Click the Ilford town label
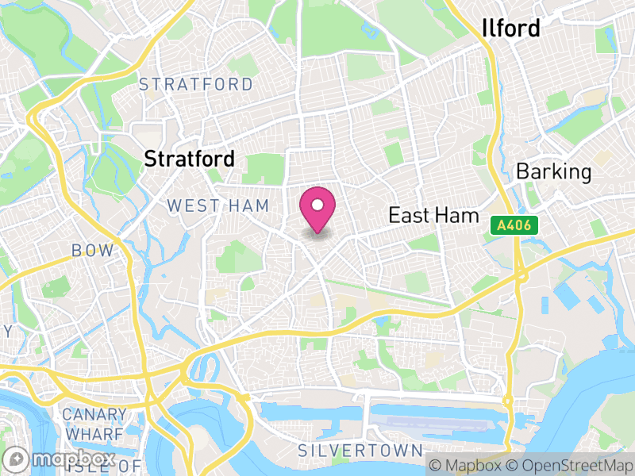[x=511, y=29]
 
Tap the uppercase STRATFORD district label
[x=196, y=84]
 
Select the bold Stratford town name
[x=189, y=159]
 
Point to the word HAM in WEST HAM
[x=248, y=206]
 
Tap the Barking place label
[x=554, y=171]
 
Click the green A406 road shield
[x=514, y=227]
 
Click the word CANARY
[x=94, y=415]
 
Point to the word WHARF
[x=94, y=433]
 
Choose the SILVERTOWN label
[x=360, y=451]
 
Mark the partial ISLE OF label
[x=119, y=466]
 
